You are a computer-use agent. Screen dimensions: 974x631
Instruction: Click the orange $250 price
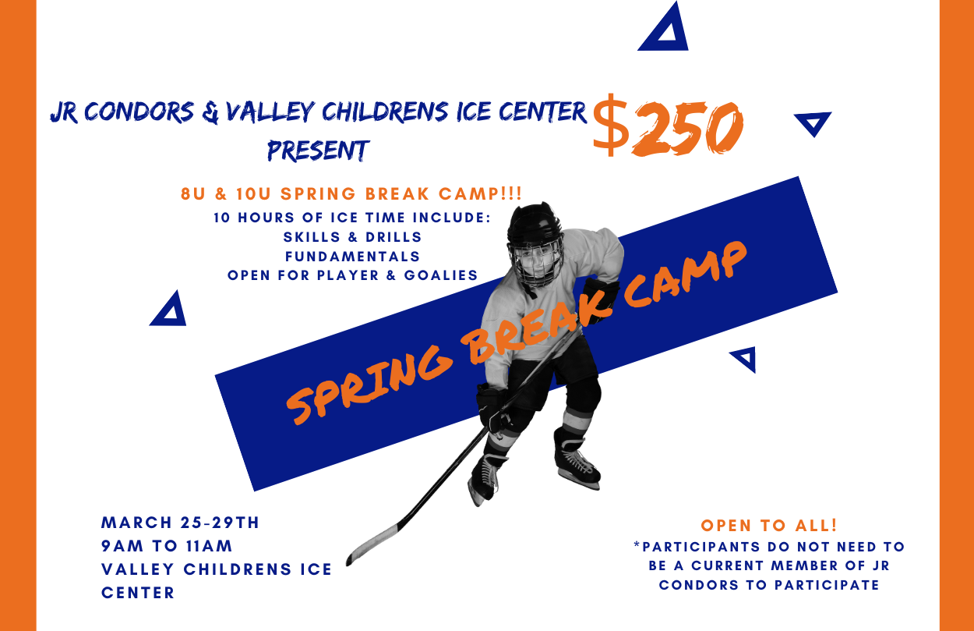click(x=668, y=126)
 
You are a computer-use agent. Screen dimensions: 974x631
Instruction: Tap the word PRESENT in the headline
click(x=318, y=150)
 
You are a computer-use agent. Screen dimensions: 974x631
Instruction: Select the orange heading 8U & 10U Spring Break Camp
click(x=351, y=194)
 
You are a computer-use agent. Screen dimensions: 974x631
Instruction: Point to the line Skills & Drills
click(x=353, y=237)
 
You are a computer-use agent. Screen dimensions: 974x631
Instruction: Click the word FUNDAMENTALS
click(x=353, y=257)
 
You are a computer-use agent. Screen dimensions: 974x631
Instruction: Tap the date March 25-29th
click(x=180, y=523)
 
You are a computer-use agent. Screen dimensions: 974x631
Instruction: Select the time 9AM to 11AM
click(x=167, y=546)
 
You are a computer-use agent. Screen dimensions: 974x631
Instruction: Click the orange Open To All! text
click(x=769, y=525)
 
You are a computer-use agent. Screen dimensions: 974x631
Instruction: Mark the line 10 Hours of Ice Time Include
click(x=352, y=218)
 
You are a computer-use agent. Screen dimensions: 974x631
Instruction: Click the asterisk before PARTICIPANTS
click(x=637, y=544)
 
